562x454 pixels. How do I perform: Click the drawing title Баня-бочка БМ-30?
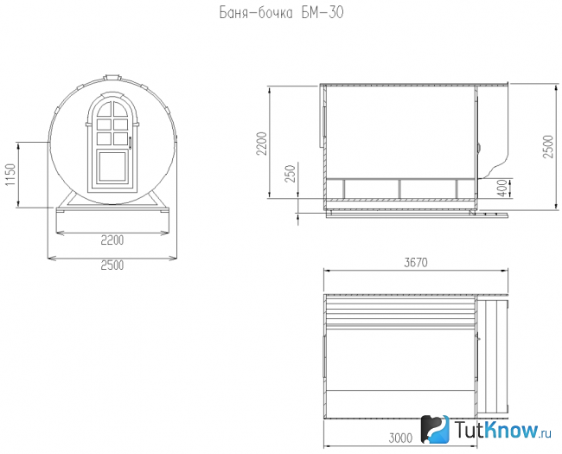click(281, 13)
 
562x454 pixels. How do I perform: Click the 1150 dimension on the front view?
click(10, 175)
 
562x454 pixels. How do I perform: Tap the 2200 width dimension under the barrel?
click(112, 240)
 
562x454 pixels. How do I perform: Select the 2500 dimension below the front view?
click(112, 265)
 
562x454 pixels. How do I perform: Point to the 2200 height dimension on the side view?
click(263, 144)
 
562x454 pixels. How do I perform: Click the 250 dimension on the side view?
click(291, 173)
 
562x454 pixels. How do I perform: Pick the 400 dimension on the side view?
click(503, 188)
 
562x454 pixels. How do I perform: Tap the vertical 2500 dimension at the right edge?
click(548, 146)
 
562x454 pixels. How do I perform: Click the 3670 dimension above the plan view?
click(416, 263)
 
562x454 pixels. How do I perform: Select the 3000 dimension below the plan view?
click(400, 438)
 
